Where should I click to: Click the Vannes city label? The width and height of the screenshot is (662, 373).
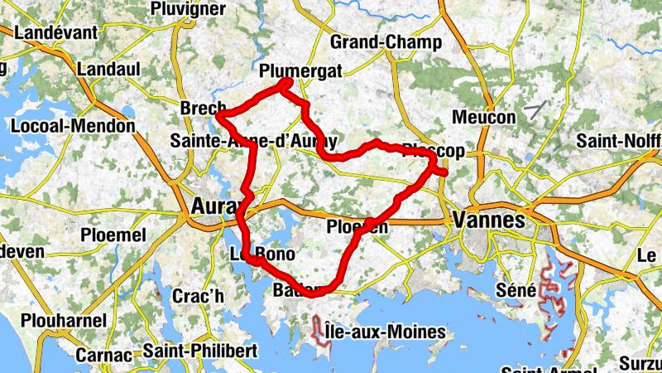[489, 221]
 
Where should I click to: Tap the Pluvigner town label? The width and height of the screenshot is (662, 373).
[188, 8]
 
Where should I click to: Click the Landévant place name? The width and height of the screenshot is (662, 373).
[56, 33]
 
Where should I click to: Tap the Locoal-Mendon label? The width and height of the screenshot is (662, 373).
[73, 126]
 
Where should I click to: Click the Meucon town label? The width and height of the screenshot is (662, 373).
[483, 118]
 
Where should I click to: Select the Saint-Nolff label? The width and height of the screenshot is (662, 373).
[619, 141]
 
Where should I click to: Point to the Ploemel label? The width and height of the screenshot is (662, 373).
[113, 235]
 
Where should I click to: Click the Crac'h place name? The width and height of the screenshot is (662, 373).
[198, 296]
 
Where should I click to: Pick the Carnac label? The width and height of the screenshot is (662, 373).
[103, 355]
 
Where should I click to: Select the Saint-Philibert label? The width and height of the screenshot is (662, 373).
[199, 351]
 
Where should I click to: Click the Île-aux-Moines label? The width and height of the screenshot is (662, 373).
[385, 333]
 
